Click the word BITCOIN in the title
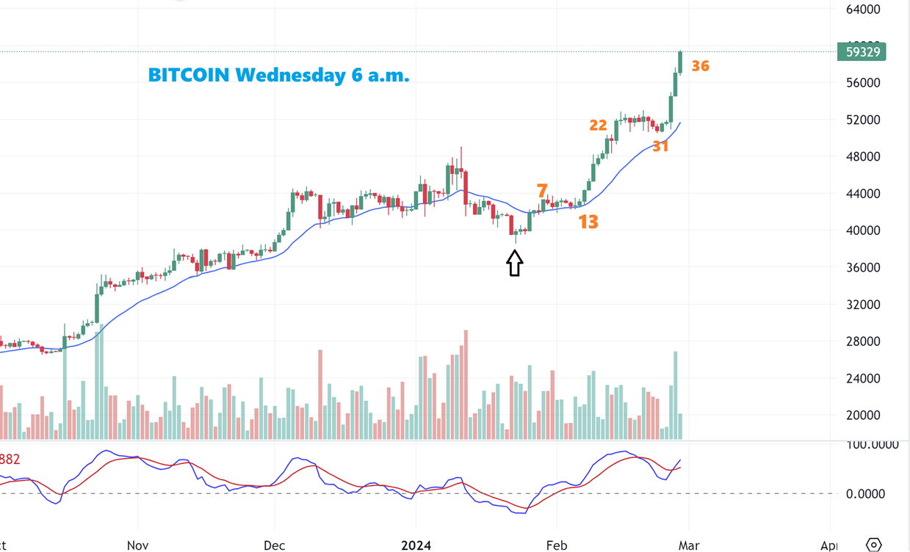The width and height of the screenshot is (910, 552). pos(189,75)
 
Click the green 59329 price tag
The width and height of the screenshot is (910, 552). pos(862,52)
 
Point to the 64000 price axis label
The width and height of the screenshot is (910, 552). pos(862,10)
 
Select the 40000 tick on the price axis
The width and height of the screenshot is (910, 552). pos(862,230)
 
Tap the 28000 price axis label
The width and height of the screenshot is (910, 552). pos(862,341)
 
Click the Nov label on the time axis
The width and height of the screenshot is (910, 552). pos(138,545)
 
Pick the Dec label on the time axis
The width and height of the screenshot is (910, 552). pos(275,545)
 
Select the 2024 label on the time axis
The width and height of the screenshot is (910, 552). pos(415,545)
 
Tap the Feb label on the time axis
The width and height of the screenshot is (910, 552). pos(557,545)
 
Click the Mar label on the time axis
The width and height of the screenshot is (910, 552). pos(689,545)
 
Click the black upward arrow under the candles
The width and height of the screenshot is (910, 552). pos(514,263)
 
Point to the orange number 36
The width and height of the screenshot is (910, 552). pos(701,66)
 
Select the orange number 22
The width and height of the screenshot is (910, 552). pos(598,126)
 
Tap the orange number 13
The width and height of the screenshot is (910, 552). pos(588,222)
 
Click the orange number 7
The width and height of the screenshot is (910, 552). pos(542,192)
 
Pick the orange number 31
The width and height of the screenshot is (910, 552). pos(661,147)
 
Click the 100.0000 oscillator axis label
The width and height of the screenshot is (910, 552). pos(872,445)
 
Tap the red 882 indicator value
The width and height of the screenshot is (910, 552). pos(10,460)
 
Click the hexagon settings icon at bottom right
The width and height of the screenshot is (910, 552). pos(873,545)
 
